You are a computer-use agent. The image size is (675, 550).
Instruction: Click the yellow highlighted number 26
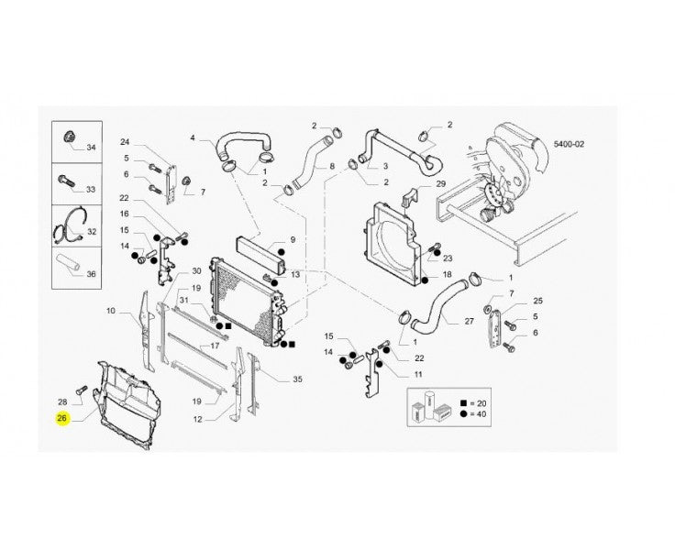(62, 418)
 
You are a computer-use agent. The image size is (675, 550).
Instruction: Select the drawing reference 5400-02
(569, 144)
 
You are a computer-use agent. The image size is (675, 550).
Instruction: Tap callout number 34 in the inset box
(92, 148)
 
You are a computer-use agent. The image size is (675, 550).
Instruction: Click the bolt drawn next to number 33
(66, 180)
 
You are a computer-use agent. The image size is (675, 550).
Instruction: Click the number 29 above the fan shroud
(441, 183)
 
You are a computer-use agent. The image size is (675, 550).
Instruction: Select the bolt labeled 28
(81, 390)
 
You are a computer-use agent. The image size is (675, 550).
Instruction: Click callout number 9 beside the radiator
(293, 240)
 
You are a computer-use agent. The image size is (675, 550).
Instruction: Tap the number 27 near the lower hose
(470, 321)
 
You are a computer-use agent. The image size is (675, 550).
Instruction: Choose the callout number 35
(297, 379)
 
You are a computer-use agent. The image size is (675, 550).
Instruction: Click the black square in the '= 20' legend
(463, 403)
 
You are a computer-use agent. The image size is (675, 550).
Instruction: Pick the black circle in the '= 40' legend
(463, 414)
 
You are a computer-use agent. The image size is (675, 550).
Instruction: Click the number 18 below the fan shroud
(447, 274)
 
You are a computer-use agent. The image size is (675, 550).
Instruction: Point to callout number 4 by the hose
(193, 137)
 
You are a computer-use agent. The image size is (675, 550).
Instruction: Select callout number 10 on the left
(111, 310)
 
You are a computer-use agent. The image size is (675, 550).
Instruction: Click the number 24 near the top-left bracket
(125, 142)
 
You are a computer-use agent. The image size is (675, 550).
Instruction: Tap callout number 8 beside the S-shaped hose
(332, 166)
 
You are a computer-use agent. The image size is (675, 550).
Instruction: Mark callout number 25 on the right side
(538, 301)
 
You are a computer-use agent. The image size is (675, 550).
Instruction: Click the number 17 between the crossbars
(215, 346)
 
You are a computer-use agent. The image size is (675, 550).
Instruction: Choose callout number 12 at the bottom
(197, 419)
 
